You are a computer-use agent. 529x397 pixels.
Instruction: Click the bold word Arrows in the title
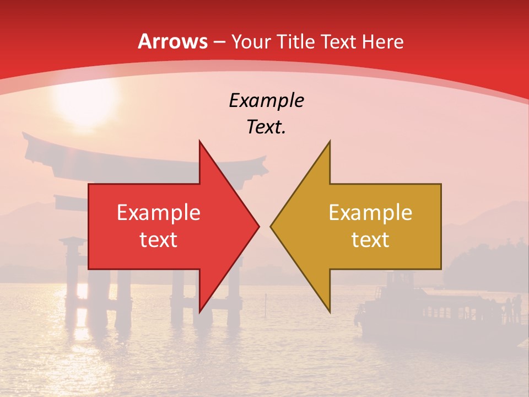(172, 41)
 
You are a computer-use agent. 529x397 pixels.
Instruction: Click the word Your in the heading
(251, 41)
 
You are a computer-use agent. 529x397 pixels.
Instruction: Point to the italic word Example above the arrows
(266, 100)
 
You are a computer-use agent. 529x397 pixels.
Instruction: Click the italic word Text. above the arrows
(266, 127)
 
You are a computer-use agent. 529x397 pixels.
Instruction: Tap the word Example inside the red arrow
(158, 212)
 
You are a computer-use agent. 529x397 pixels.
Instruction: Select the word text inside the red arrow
(158, 239)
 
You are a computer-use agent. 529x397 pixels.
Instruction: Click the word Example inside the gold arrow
(370, 212)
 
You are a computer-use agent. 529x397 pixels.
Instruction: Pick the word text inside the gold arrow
(370, 239)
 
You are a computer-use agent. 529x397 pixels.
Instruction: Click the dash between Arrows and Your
(219, 42)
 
